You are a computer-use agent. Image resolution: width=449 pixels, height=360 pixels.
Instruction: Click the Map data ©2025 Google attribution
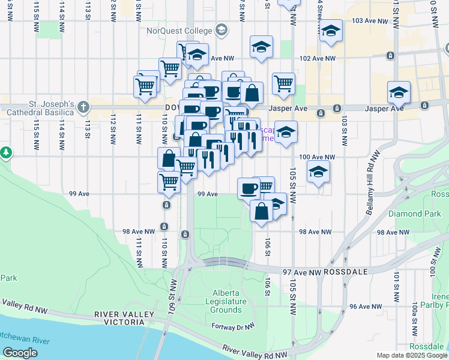click(412, 355)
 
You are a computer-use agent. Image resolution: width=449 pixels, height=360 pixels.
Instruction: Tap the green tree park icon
click(6, 153)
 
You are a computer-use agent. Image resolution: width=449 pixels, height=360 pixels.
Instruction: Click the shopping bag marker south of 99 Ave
click(261, 211)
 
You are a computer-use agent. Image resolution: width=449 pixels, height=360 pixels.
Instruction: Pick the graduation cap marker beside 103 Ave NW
click(330, 31)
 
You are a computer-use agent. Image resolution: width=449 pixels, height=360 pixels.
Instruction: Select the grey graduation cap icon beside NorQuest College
click(221, 30)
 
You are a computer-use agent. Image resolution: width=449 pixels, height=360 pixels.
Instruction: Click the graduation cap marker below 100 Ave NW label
click(318, 172)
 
